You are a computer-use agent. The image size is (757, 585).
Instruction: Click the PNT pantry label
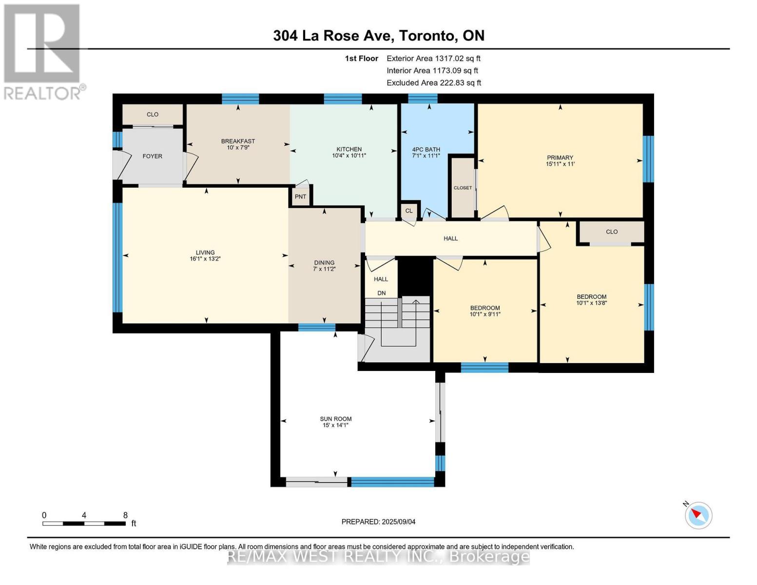click(300, 196)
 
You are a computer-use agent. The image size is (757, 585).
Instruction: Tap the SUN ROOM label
click(335, 419)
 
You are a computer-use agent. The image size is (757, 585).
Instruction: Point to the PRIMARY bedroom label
click(560, 157)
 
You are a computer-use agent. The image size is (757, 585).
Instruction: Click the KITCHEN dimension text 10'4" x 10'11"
click(349, 156)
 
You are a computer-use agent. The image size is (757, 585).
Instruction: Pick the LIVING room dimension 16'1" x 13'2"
click(205, 259)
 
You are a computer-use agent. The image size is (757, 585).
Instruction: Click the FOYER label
click(152, 156)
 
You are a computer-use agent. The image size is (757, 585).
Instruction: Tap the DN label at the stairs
click(381, 293)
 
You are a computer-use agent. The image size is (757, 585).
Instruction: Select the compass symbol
click(699, 515)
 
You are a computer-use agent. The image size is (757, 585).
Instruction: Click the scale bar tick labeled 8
click(125, 515)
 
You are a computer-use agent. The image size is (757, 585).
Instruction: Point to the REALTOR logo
click(43, 51)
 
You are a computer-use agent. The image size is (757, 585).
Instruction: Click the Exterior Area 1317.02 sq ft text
click(433, 58)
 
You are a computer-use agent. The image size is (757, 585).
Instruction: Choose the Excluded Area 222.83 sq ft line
click(433, 83)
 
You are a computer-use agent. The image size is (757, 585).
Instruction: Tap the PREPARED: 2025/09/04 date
click(378, 522)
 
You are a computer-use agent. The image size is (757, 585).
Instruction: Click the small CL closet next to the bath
click(409, 211)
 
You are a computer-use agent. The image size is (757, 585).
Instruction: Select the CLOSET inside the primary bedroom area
click(463, 188)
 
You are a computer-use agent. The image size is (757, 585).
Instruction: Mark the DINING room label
click(324, 262)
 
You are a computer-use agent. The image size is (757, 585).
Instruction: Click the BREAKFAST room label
click(238, 141)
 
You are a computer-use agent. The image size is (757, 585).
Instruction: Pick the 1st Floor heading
click(361, 58)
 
